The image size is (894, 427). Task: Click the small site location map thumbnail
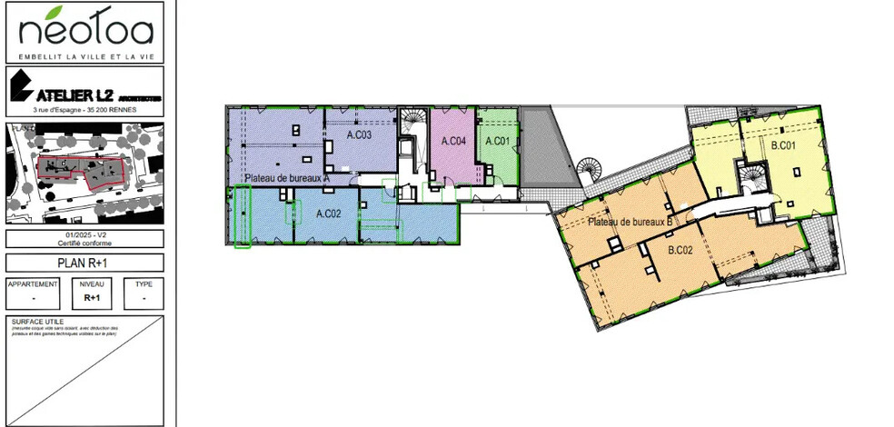(84, 173)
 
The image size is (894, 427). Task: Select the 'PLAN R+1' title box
(84, 263)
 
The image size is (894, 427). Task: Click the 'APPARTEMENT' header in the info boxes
(33, 283)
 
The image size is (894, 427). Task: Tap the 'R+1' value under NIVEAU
(92, 297)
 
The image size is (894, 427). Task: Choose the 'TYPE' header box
(143, 283)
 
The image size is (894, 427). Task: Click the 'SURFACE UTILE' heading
(33, 322)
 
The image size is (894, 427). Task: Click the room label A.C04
(453, 141)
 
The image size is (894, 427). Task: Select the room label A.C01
(497, 141)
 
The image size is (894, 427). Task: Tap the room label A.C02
(328, 213)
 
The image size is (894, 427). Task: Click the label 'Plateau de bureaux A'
(286, 178)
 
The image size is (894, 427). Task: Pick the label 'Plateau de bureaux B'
(629, 222)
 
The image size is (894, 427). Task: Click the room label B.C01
(783, 145)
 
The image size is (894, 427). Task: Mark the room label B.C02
(681, 250)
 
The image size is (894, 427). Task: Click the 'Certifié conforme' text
(84, 243)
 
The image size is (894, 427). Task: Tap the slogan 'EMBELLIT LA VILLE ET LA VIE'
(84, 56)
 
